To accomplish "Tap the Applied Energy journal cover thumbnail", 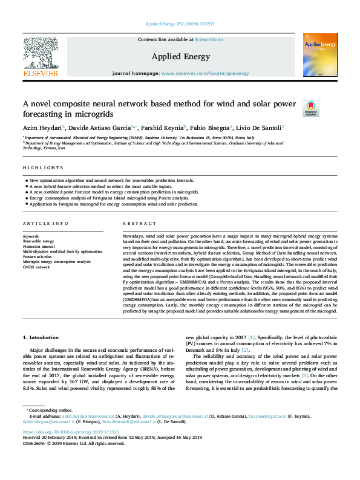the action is (x=320, y=54).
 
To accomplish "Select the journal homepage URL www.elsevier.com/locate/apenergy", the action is (x=205, y=73).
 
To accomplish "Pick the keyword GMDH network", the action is (x=36, y=266).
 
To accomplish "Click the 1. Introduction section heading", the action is (x=42, y=337).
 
